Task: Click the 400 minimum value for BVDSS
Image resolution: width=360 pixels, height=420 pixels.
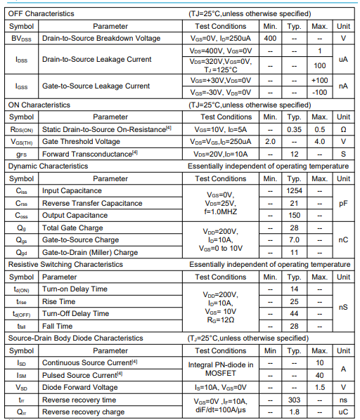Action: pos(270,38)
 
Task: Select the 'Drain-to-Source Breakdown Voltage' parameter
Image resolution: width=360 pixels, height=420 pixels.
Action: pos(101,38)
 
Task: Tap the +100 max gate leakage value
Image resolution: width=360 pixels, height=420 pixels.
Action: pos(319,81)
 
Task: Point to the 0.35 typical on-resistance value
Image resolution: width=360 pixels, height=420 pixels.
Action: pos(295,129)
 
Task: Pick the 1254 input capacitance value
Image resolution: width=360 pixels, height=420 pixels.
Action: pos(295,191)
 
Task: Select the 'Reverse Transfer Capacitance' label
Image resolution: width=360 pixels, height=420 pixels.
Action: pos(93,203)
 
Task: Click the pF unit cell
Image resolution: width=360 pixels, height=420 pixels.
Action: pos(343,203)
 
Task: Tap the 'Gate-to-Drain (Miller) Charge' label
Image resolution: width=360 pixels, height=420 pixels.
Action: pos(90,252)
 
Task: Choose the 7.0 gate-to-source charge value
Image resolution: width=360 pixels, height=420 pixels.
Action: pos(295,239)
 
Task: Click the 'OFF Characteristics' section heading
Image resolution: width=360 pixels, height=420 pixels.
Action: pos(41,13)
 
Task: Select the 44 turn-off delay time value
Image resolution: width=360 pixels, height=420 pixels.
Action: pos(295,313)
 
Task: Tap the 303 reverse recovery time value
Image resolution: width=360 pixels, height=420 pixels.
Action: pos(295,400)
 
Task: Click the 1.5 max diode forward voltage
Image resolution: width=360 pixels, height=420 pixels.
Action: pos(319,387)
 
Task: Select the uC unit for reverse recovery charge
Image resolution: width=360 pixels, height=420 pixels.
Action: pos(343,412)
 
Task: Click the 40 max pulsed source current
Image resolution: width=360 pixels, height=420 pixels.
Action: pos(319,375)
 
